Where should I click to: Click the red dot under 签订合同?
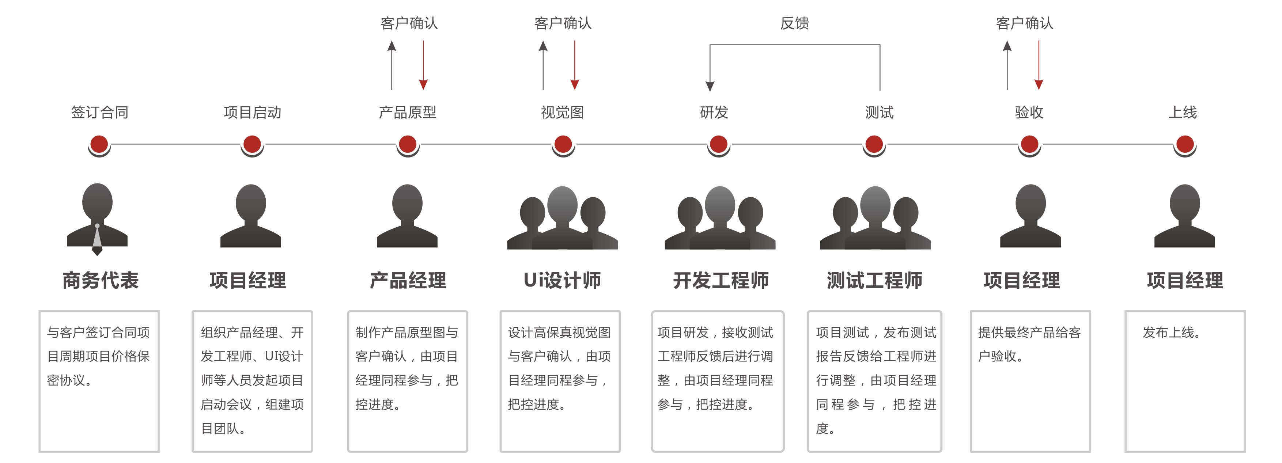(99, 144)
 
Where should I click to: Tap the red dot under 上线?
(1184, 144)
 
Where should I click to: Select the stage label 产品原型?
(407, 113)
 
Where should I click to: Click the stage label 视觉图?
(562, 113)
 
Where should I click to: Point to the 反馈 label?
(794, 23)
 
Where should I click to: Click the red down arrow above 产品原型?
(423, 65)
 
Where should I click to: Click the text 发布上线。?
(1171, 332)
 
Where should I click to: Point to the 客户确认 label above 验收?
(1024, 23)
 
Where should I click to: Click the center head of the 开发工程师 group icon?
(720, 204)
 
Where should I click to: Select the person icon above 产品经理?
(407, 216)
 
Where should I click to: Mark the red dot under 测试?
(874, 144)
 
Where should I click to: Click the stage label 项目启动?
(252, 113)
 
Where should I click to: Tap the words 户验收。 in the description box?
(1000, 356)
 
